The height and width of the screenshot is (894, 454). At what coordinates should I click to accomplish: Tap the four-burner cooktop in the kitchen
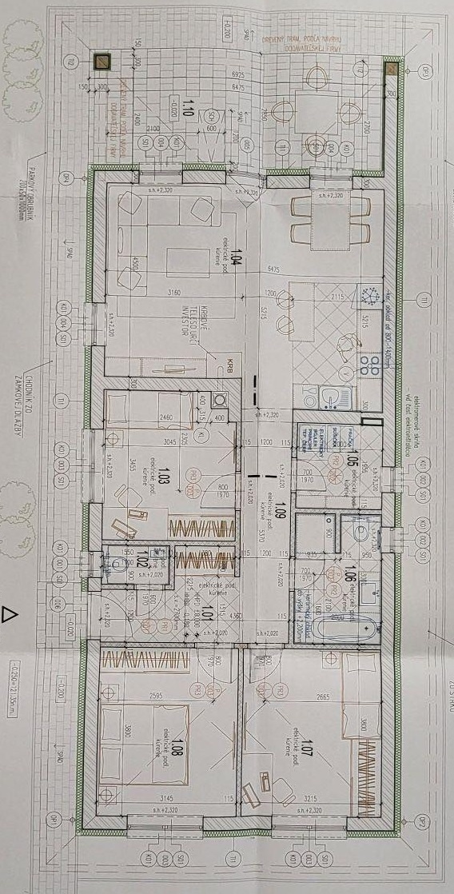370,365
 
